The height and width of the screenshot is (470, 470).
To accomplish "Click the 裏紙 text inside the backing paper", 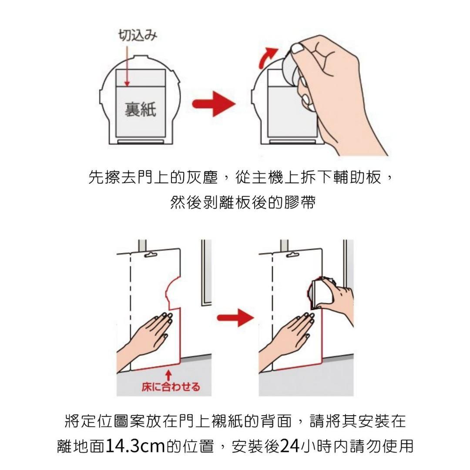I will tap(140, 109).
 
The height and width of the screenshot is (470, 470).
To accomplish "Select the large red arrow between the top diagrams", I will tap(213, 104).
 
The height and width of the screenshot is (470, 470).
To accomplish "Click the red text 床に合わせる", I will tap(171, 387).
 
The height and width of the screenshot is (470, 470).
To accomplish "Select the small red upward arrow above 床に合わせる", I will tap(169, 374).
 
